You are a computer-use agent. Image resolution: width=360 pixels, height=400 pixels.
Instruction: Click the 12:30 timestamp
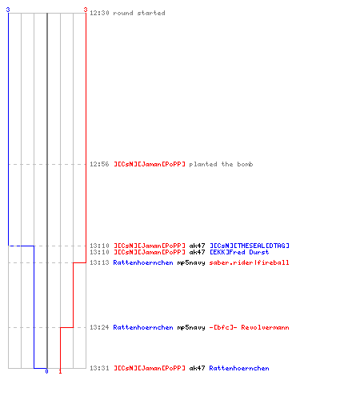[99, 13]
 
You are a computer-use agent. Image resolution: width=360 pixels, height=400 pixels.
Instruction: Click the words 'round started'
[139, 13]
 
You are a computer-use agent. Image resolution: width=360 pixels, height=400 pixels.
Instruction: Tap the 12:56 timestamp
[99, 164]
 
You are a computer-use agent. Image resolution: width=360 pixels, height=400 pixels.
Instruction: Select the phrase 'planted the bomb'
[221, 164]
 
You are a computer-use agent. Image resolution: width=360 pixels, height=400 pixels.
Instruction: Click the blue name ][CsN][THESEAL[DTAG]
[250, 246]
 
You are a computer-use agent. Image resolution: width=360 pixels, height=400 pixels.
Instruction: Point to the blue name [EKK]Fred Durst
[239, 252]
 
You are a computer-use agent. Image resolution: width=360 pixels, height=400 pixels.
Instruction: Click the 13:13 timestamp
[99, 262]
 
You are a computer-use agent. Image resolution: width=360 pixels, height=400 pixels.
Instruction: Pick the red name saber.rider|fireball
[249, 262]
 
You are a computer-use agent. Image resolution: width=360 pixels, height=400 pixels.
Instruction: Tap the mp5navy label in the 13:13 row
[191, 262]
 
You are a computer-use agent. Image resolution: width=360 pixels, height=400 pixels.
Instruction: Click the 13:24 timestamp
[99, 327]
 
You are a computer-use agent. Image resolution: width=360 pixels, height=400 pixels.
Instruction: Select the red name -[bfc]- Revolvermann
[249, 327]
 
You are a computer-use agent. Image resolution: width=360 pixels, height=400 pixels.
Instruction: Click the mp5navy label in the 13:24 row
[191, 327]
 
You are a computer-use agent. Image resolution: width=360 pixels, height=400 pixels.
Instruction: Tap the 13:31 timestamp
[99, 368]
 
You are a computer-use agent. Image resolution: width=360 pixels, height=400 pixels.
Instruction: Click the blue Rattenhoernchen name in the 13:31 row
[239, 368]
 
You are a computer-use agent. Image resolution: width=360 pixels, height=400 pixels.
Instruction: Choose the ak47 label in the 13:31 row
[197, 368]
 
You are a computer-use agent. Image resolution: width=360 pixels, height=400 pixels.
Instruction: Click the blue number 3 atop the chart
[8, 10]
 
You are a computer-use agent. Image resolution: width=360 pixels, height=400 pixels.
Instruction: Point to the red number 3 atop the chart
[86, 10]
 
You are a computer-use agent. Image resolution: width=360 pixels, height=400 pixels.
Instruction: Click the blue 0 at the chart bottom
[46, 371]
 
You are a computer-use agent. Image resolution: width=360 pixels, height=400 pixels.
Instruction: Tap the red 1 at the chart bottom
[60, 371]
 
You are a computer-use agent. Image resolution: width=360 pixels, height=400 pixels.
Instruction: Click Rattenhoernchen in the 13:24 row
[143, 327]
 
